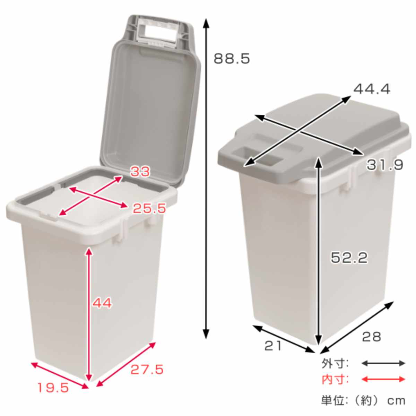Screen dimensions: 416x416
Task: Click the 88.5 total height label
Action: [x=232, y=59]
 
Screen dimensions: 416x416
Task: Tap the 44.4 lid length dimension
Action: [x=372, y=89]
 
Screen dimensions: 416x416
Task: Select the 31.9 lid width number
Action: [x=385, y=165]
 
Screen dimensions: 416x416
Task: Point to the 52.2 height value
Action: [x=349, y=258]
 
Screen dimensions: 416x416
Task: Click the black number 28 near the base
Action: [x=371, y=336]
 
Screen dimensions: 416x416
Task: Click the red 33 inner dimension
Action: [x=140, y=171]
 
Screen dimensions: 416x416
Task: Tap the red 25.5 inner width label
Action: [x=149, y=208]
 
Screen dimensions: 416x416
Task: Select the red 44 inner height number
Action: [x=102, y=303]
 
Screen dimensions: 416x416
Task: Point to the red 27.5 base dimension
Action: [x=147, y=370]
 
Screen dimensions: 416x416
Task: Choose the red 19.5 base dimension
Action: [x=53, y=388]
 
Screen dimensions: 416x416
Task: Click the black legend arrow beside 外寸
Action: [x=383, y=363]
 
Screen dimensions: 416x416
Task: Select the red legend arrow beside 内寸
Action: [x=383, y=379]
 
